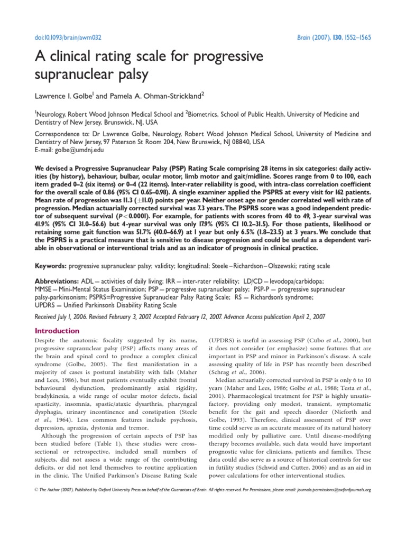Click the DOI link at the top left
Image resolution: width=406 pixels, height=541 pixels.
[68, 38]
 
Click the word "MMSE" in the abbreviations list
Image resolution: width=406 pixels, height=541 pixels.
[45, 290]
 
